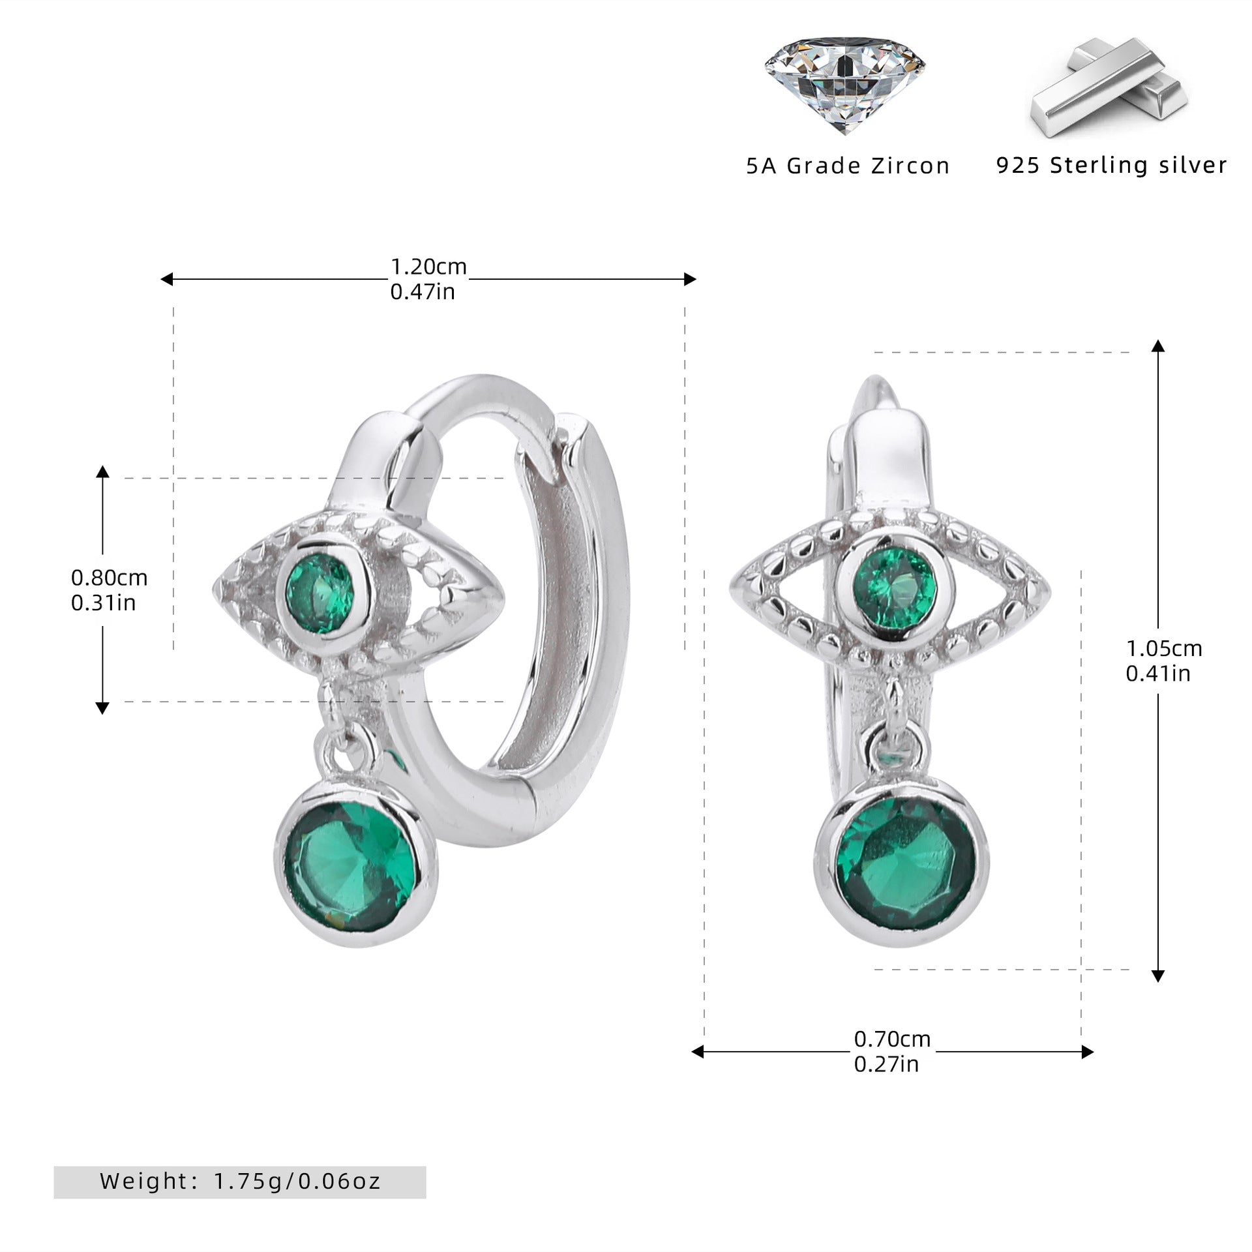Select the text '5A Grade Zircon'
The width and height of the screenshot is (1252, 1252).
coord(848,166)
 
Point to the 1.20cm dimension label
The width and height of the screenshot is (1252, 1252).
coord(428,267)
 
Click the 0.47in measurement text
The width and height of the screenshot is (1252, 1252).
coord(423,291)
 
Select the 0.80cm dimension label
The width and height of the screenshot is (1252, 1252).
coord(110,578)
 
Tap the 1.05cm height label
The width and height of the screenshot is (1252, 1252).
coord(1164,648)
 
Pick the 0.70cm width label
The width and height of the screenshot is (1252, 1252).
coord(892,1039)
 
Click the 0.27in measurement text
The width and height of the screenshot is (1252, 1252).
coord(886,1064)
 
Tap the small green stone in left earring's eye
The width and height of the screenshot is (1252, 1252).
coord(321,593)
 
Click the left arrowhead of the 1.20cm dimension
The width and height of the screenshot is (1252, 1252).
coord(166,280)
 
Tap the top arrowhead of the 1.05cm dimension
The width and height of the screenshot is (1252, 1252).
coord(1158,346)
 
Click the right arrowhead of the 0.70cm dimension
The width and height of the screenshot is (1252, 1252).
coord(1088,1052)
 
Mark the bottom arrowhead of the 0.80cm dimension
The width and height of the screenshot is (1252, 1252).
coord(102,708)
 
